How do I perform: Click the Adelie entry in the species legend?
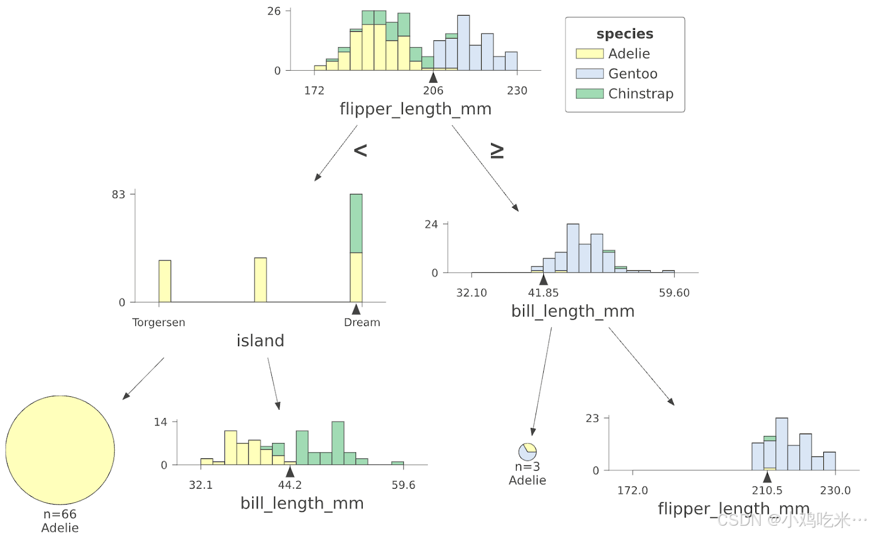(629, 53)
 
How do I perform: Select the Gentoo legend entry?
(632, 73)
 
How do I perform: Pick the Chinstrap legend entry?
(641, 94)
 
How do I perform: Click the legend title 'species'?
(625, 34)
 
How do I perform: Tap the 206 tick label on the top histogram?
(433, 90)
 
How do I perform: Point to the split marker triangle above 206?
(433, 77)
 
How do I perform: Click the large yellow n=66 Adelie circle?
(60, 450)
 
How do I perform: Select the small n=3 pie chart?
(527, 452)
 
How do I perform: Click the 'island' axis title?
(260, 341)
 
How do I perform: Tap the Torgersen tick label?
(158, 322)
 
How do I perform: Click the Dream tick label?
(362, 322)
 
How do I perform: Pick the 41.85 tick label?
(543, 293)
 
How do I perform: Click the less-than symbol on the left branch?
(361, 150)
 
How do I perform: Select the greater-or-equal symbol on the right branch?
(497, 151)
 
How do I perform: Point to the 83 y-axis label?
(118, 194)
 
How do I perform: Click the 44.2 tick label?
(289, 485)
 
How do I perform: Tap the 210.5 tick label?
(767, 490)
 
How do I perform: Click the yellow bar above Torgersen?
(165, 281)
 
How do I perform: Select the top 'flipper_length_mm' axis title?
(415, 109)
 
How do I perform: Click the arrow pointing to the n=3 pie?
(542, 381)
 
